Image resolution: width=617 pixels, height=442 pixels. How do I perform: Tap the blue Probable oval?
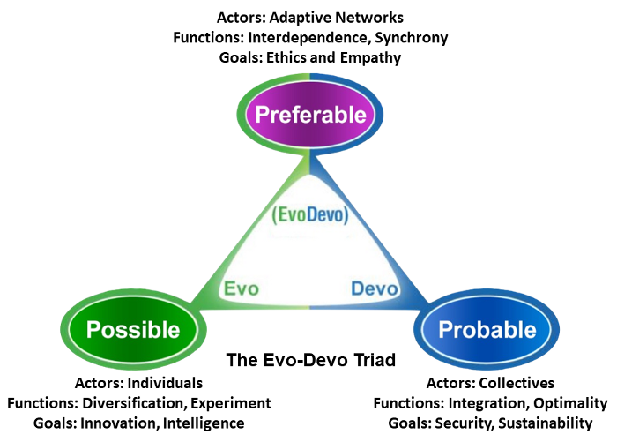[487, 329]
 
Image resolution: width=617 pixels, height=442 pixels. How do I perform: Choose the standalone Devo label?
[375, 288]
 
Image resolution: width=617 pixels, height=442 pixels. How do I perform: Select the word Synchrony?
[409, 37]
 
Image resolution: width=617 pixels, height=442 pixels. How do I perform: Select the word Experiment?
[234, 403]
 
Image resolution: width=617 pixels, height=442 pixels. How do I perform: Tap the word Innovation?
[123, 423]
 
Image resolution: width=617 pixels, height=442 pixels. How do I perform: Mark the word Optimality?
[568, 403]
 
